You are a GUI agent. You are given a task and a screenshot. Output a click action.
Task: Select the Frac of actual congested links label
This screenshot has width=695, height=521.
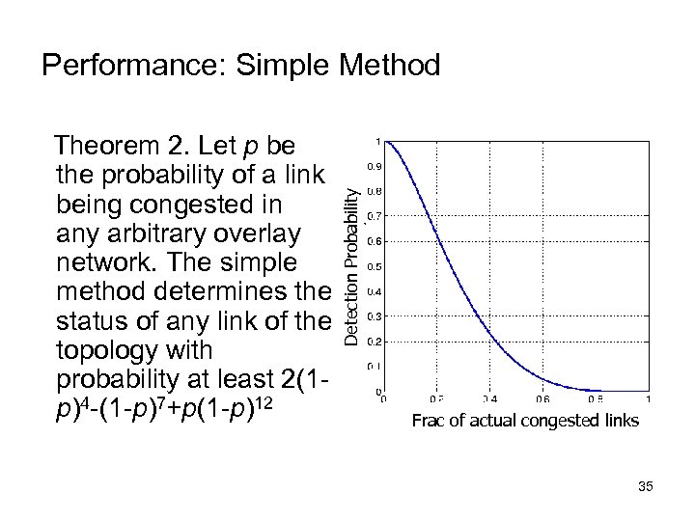tap(525, 421)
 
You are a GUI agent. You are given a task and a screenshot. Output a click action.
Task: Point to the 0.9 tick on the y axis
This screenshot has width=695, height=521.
tap(371, 166)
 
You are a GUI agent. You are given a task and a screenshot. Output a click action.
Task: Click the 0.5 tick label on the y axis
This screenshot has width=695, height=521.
tap(371, 265)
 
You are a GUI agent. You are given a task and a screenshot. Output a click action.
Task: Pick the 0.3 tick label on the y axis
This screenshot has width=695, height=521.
tap(371, 315)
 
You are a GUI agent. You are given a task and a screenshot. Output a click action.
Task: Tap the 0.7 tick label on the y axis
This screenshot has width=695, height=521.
tap(371, 215)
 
